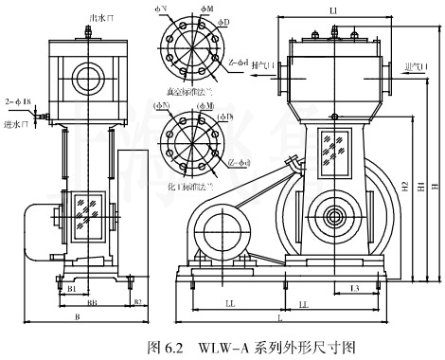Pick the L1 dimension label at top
click(333, 9)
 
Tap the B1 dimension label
click(71, 286)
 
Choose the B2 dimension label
click(136, 302)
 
